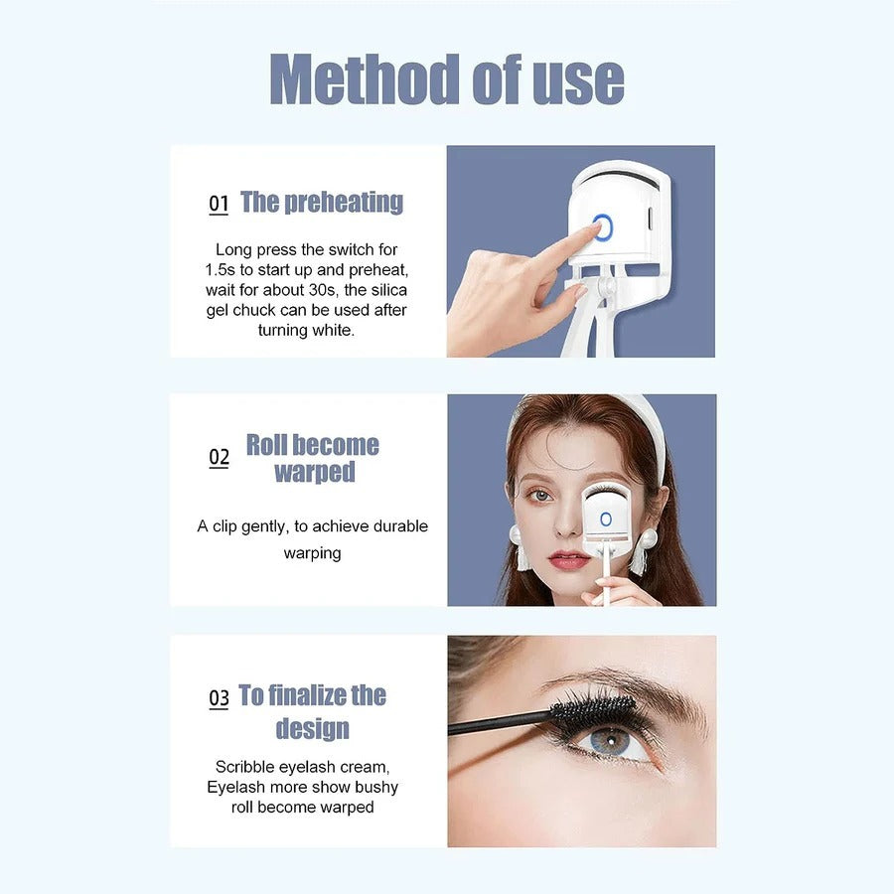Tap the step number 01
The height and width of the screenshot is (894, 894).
(x=219, y=205)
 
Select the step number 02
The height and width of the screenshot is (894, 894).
(x=219, y=457)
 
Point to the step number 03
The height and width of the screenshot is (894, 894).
(x=219, y=698)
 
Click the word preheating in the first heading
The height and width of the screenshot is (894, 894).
(x=344, y=203)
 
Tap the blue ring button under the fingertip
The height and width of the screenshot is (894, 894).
(x=603, y=228)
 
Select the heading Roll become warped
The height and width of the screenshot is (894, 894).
(x=313, y=458)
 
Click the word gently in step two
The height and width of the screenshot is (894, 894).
(x=263, y=526)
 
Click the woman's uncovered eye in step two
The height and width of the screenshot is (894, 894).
(x=539, y=495)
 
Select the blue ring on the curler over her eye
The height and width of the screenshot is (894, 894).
(x=605, y=519)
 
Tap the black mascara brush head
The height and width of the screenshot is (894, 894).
(x=593, y=709)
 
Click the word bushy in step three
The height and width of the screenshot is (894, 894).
(x=376, y=787)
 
